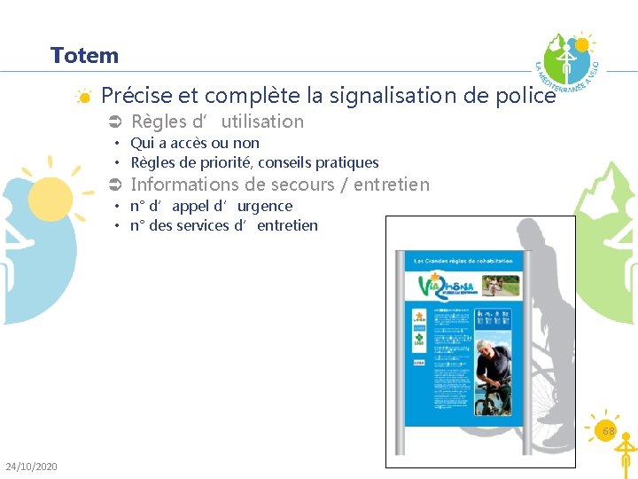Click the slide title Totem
[x=84, y=56]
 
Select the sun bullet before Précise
[x=82, y=96]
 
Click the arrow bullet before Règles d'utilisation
[x=113, y=122]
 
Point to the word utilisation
[x=262, y=122]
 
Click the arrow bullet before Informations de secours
[x=113, y=185]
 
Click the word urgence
[x=264, y=206]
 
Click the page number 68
[x=609, y=431]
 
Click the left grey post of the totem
[x=401, y=355]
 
